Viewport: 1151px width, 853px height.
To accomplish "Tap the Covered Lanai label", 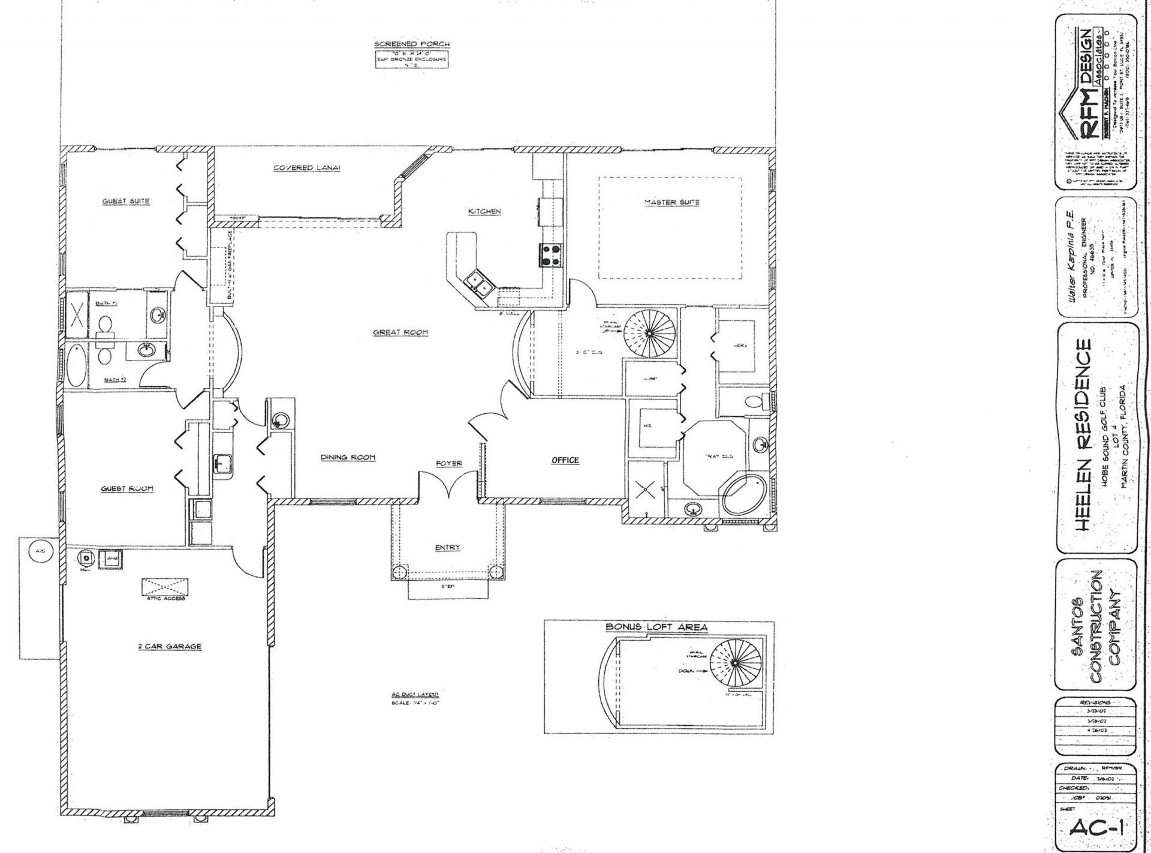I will click(x=306, y=168).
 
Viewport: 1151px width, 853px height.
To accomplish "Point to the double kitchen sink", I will click(x=478, y=283).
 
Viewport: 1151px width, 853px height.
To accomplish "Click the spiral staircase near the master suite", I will click(x=649, y=332).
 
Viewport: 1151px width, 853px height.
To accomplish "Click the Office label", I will click(x=565, y=460).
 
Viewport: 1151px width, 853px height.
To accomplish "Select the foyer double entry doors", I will click(x=448, y=486).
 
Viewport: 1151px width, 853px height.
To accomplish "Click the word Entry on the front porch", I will click(x=447, y=547).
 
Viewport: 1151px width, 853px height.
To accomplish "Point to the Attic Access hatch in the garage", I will click(x=165, y=586).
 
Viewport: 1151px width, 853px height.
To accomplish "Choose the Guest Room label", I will click(x=127, y=489).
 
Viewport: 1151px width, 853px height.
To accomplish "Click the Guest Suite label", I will click(x=125, y=201).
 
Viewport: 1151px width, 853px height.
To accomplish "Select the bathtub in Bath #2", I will click(x=77, y=366).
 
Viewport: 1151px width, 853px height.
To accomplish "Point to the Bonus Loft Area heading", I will click(x=656, y=627).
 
